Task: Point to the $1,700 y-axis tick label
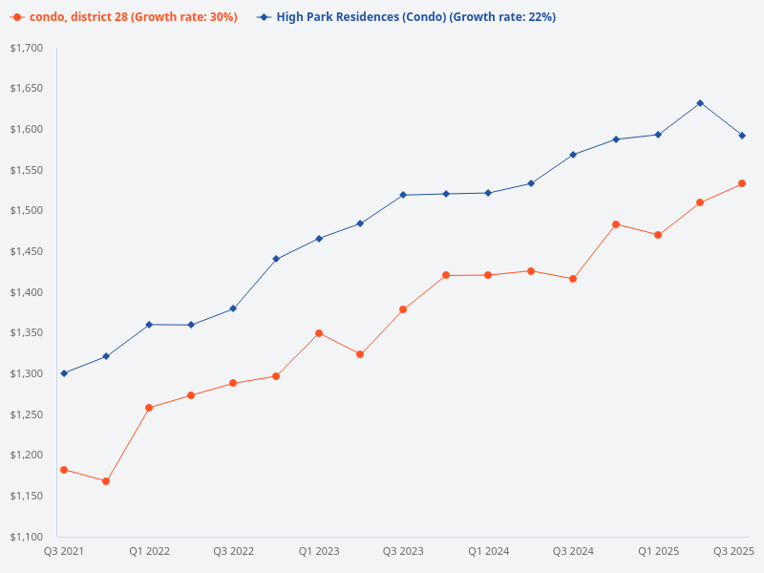pyautogui.click(x=26, y=48)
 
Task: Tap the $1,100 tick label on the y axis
pyautogui.click(x=26, y=537)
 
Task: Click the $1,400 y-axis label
pyautogui.click(x=26, y=292)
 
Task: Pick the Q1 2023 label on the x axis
pyautogui.click(x=319, y=552)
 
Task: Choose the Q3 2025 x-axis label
pyautogui.click(x=734, y=552)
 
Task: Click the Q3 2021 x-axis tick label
pyautogui.click(x=64, y=552)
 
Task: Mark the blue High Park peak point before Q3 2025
pyautogui.click(x=700, y=103)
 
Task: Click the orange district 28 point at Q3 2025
pyautogui.click(x=742, y=183)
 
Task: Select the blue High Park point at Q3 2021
pyautogui.click(x=64, y=373)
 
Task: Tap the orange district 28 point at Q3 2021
pyautogui.click(x=64, y=470)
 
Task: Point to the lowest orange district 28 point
pyautogui.click(x=106, y=481)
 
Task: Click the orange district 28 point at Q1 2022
pyautogui.click(x=149, y=408)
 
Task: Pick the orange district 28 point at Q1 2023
pyautogui.click(x=319, y=333)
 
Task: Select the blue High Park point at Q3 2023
pyautogui.click(x=403, y=195)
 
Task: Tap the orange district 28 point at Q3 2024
pyautogui.click(x=573, y=279)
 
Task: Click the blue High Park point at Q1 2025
pyautogui.click(x=658, y=135)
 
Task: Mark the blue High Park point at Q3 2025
pyautogui.click(x=742, y=136)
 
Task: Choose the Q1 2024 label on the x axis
pyautogui.click(x=488, y=552)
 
